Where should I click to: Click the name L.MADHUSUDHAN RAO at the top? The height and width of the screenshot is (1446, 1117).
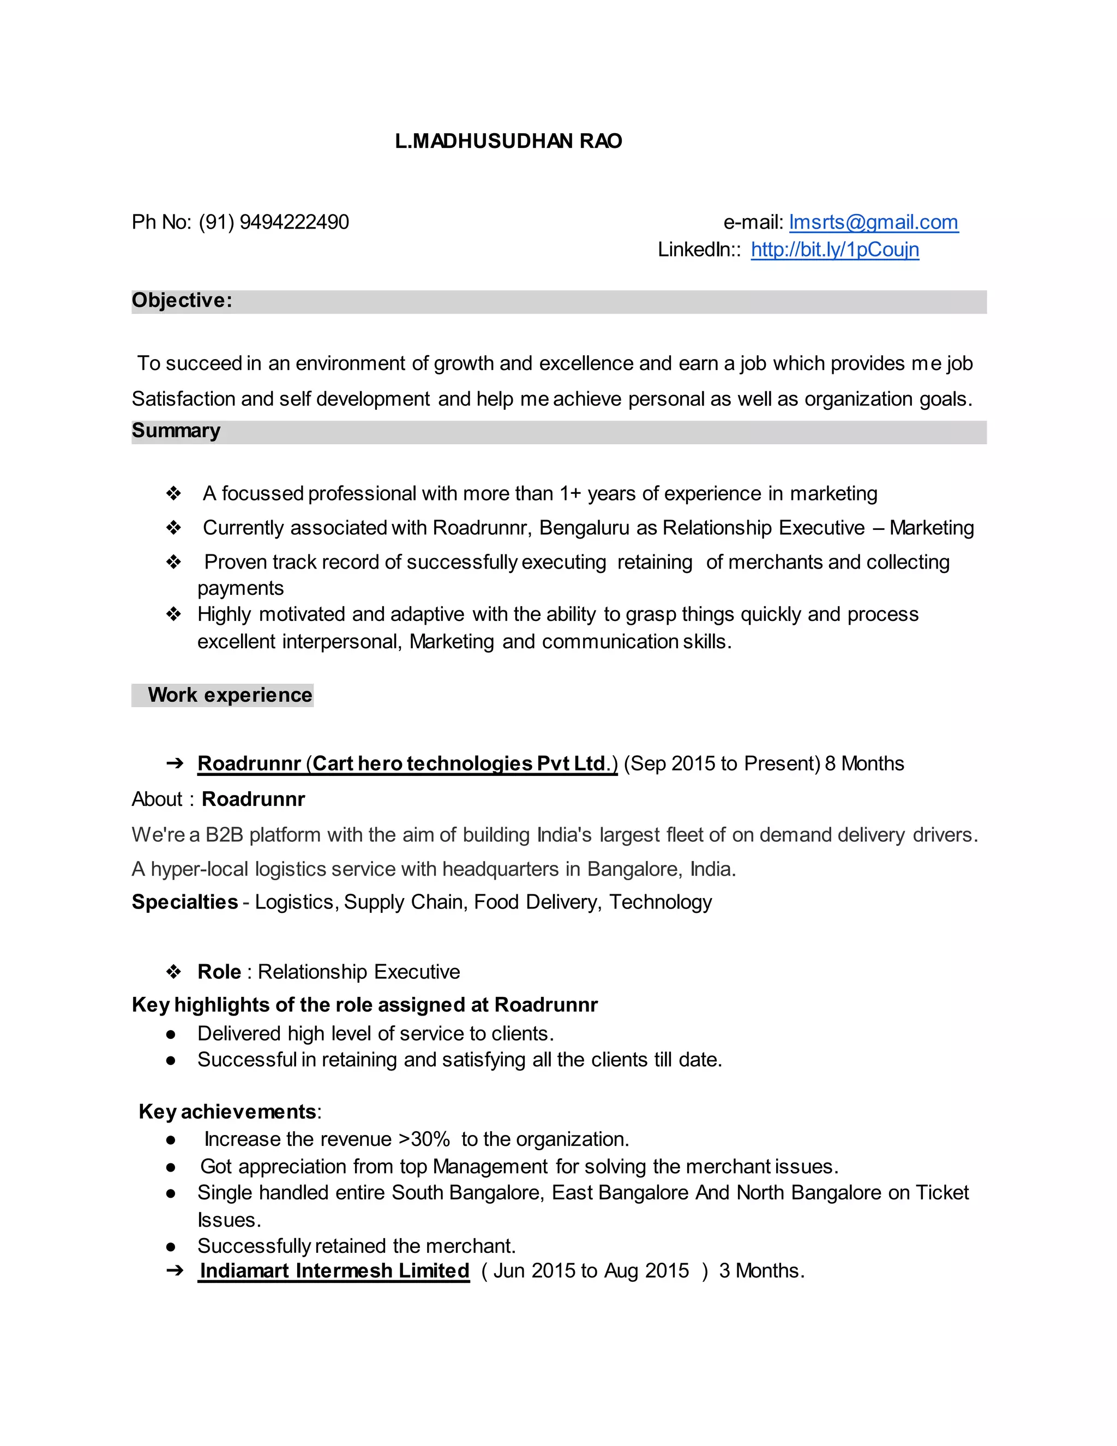coord(508,141)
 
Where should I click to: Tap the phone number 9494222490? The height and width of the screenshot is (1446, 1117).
coord(294,222)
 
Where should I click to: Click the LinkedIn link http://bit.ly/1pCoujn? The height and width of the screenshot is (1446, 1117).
coord(834,249)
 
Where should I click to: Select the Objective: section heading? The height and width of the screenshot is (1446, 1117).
coord(182,301)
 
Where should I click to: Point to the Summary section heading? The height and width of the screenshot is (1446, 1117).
coord(176,431)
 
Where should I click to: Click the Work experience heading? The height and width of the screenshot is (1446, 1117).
coord(230,695)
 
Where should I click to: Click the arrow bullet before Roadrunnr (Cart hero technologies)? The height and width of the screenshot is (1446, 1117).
coord(175,763)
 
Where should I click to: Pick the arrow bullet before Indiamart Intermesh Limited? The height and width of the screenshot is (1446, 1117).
coord(175,1270)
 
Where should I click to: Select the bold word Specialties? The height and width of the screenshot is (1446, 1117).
coord(185,902)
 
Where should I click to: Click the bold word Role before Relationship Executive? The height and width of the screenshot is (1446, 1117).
coord(219,971)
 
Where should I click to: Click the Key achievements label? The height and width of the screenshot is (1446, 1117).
coord(227,1112)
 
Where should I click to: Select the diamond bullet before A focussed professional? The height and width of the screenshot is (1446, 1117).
coord(173,493)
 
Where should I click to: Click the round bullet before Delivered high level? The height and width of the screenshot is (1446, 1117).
coord(171,1034)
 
